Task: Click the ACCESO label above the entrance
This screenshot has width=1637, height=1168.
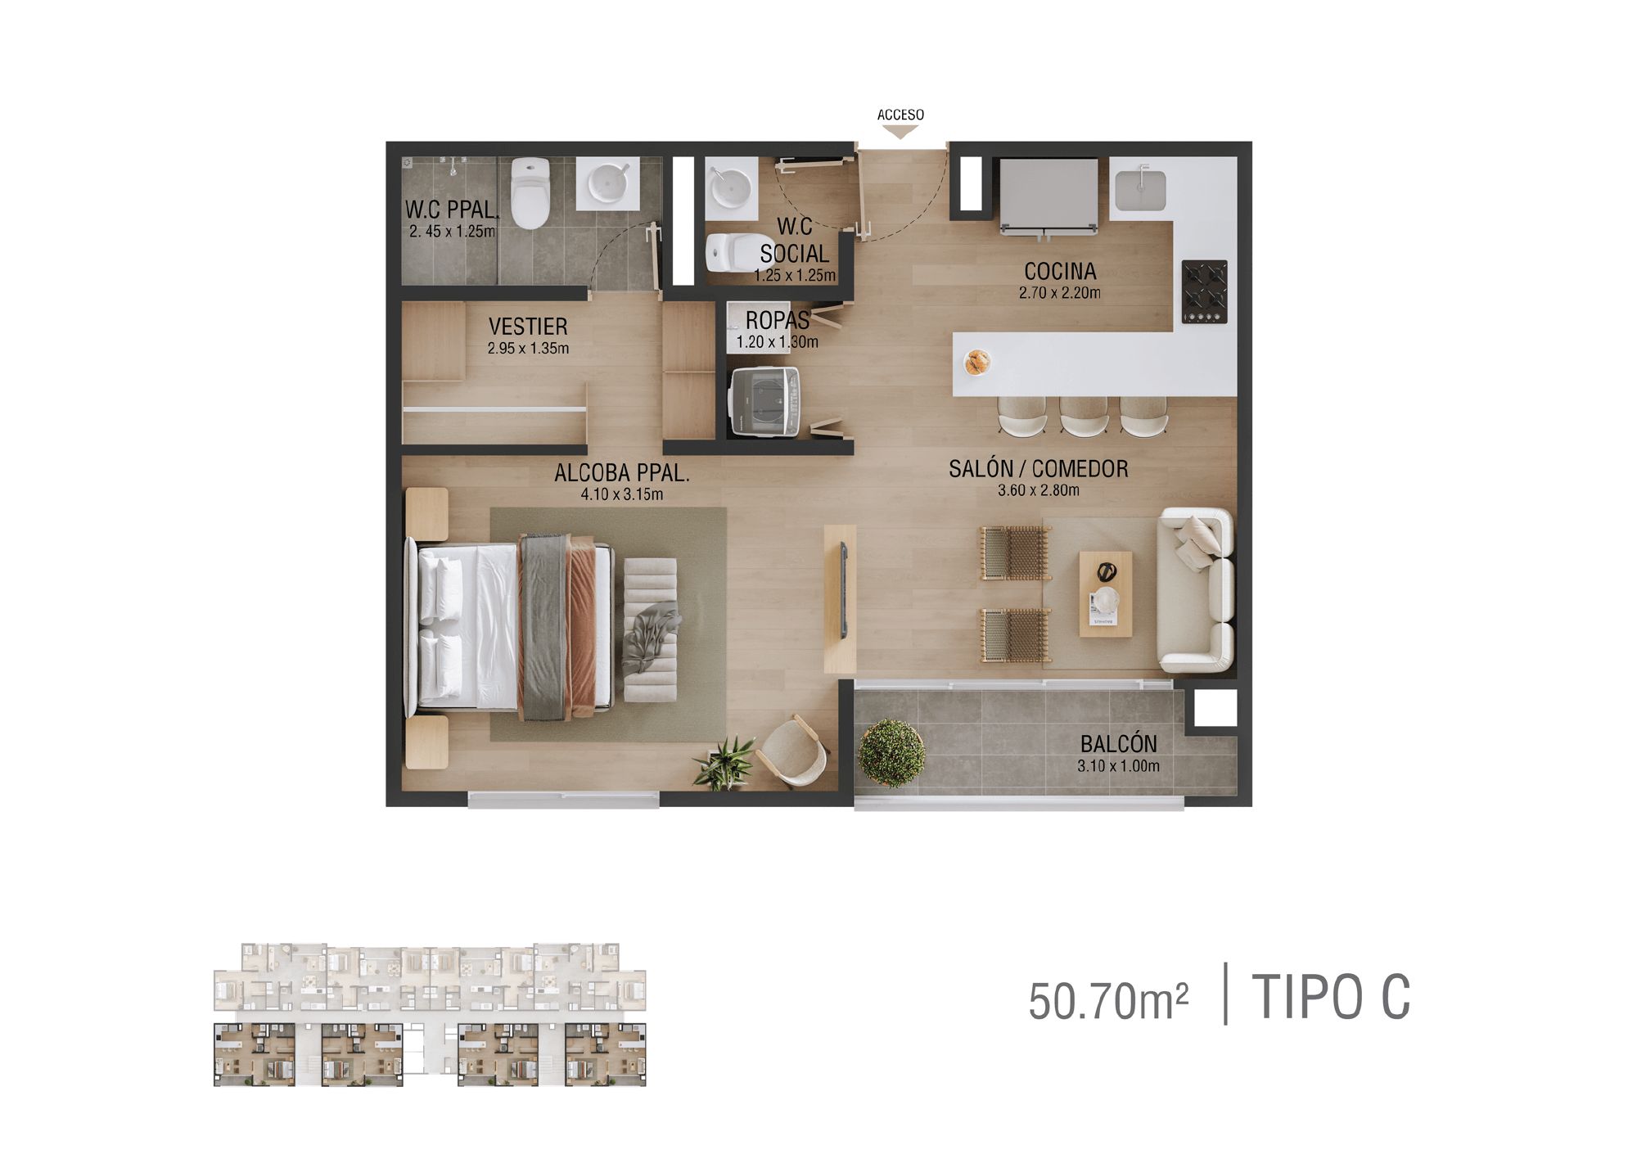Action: (900, 115)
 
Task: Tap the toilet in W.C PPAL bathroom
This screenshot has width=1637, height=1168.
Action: (530, 193)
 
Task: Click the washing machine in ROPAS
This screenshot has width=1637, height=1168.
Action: (764, 402)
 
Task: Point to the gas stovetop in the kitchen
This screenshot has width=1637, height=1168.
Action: (1204, 291)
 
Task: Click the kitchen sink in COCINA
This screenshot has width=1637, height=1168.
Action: (1140, 188)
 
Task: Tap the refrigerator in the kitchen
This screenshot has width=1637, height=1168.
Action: (1048, 196)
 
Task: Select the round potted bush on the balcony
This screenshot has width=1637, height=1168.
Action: (891, 751)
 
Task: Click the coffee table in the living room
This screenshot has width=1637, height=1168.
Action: (1106, 593)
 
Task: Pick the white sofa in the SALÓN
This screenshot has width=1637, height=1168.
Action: (1196, 589)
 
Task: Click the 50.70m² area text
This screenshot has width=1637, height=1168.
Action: (1108, 1001)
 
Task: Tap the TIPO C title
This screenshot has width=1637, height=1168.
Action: (1331, 997)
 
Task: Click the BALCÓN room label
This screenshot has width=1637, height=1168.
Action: (1118, 743)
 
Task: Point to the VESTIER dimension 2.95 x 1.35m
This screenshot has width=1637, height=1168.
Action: (528, 348)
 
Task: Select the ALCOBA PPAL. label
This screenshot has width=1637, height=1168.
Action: (622, 473)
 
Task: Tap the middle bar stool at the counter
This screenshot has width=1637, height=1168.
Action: (1084, 416)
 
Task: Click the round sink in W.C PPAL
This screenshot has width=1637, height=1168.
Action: (608, 183)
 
